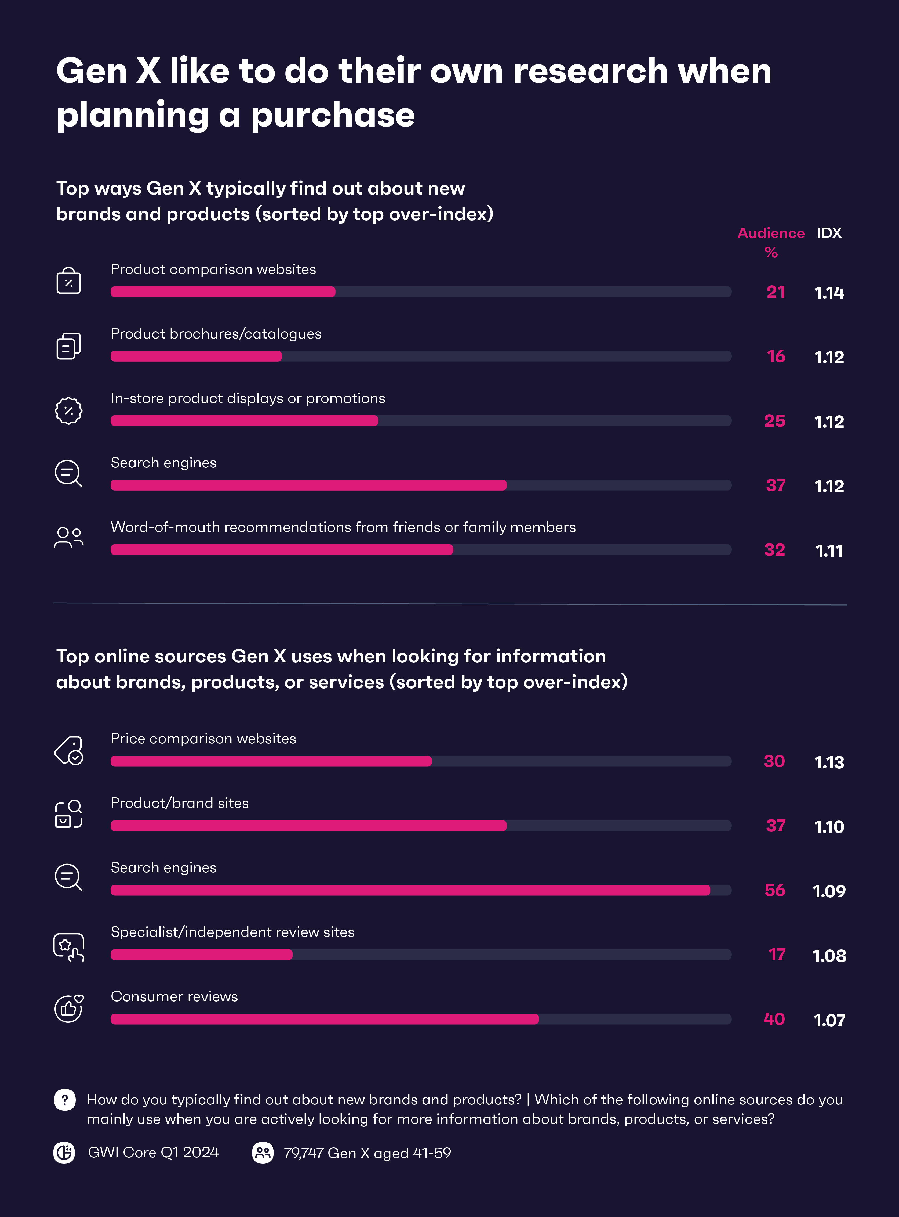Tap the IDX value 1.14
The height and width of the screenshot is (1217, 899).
[829, 293]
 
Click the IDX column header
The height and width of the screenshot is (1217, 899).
[829, 233]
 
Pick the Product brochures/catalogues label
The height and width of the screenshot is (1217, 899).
[216, 334]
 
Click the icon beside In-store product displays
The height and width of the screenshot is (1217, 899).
[68, 411]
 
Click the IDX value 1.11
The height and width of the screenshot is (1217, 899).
[829, 550]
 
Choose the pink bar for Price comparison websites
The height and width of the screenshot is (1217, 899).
[271, 761]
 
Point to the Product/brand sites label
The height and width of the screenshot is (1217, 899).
[180, 803]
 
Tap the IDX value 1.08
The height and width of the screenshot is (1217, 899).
[829, 956]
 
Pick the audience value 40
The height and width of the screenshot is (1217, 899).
[774, 1019]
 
